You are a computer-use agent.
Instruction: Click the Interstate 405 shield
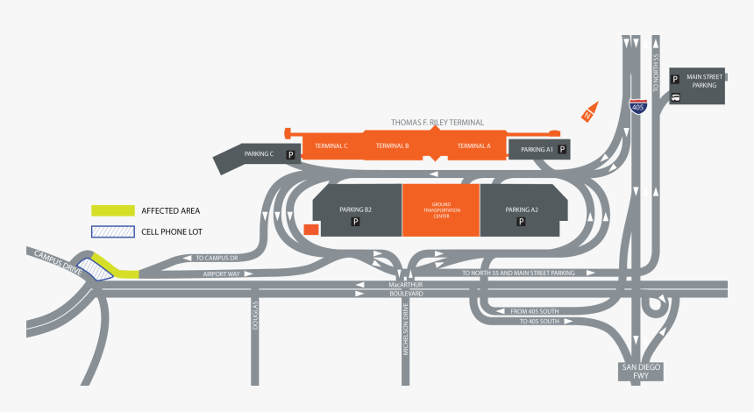click(637, 105)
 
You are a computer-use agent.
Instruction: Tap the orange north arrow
click(589, 112)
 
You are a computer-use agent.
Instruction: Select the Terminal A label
click(474, 146)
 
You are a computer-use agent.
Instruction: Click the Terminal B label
click(392, 146)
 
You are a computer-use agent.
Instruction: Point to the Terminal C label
click(331, 146)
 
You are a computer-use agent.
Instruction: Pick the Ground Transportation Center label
click(441, 210)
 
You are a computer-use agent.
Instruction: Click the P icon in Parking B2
click(356, 223)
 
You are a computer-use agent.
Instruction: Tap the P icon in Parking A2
click(521, 223)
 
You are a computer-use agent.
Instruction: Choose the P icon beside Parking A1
click(562, 150)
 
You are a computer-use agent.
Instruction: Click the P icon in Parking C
click(288, 154)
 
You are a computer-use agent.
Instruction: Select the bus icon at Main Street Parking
click(675, 97)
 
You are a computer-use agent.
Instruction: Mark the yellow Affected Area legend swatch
click(113, 210)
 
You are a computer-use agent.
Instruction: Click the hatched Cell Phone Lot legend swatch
click(113, 232)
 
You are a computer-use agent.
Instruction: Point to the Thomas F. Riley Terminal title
click(437, 123)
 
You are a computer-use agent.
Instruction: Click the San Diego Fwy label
click(636, 371)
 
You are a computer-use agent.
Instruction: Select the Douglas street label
click(256, 316)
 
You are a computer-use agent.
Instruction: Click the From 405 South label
click(535, 311)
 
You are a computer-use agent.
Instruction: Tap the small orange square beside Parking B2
click(310, 229)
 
